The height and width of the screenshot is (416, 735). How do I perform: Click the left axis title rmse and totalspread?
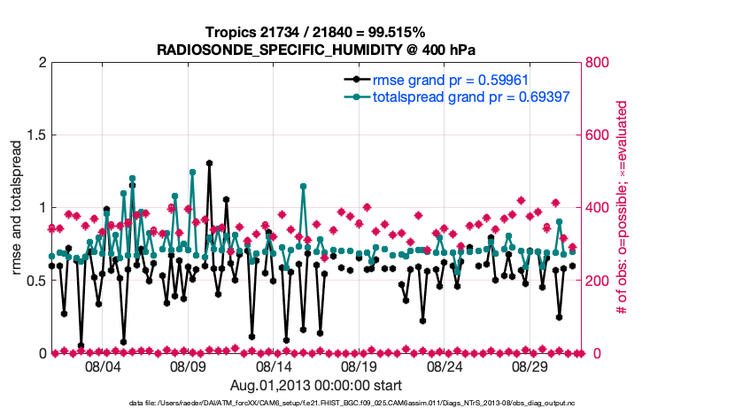[x=17, y=208]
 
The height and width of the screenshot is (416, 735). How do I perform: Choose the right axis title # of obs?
[x=623, y=208]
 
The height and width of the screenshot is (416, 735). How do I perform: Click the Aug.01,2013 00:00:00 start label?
[x=316, y=385]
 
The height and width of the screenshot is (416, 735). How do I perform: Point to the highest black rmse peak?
[x=209, y=163]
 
